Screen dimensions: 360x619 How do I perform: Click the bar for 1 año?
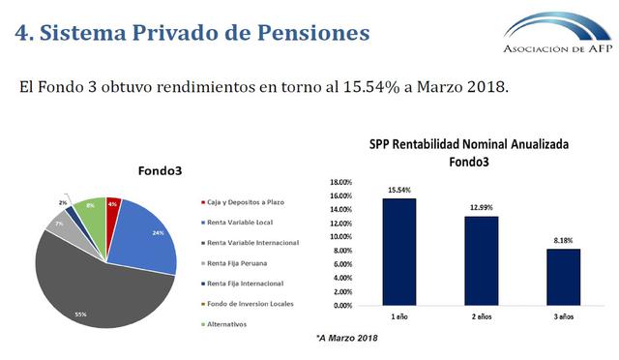point(399,252)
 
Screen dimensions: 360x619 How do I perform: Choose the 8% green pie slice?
point(91,208)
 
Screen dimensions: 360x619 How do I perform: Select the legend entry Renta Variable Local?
point(241,222)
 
